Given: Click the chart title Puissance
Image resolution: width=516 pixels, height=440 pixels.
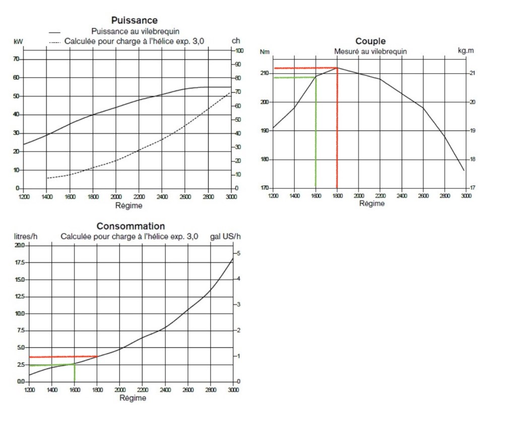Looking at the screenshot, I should tap(134, 20).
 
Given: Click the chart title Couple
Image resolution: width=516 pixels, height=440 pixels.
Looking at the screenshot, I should tap(370, 41).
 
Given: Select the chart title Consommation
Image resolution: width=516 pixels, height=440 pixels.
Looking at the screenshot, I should tap(131, 226).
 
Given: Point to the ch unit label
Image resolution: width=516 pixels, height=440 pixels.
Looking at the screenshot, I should tap(235, 41).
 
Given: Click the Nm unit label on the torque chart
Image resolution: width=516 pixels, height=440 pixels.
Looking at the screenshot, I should tap(265, 51).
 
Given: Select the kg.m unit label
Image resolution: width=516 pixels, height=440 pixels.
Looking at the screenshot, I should tap(466, 51).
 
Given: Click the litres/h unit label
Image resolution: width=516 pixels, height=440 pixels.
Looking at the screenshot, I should tap(26, 236).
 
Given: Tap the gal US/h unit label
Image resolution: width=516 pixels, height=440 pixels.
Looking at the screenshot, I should tap(225, 236).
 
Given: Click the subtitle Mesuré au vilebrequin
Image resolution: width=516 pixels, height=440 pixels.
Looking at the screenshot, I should tap(370, 51).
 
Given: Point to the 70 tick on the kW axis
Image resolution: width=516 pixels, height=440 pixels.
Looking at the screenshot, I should tap(16, 59).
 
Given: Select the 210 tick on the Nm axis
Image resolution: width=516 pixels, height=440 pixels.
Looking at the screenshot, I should tap(264, 74).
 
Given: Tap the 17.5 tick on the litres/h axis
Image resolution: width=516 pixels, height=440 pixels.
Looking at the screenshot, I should tap(20, 263).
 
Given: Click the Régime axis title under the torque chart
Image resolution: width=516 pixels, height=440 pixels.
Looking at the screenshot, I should tap(372, 204).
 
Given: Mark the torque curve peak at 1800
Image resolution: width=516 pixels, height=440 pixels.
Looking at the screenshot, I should tap(337, 68).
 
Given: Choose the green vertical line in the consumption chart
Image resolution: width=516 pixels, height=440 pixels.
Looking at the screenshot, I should tap(75, 373).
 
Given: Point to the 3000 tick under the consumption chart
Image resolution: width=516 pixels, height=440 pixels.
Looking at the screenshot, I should tap(232, 390).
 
